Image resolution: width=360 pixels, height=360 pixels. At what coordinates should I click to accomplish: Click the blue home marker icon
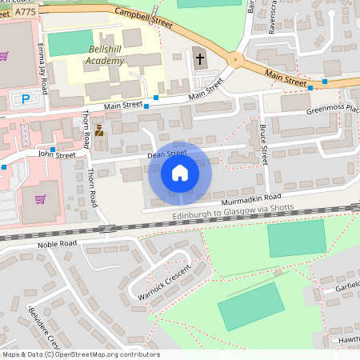pos(180,172)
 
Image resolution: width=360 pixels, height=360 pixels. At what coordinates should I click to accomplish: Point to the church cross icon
pos(199,58)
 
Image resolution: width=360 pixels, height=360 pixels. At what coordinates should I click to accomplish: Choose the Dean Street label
pos(166,152)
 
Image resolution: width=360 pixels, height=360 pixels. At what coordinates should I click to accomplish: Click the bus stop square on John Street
pos(53,150)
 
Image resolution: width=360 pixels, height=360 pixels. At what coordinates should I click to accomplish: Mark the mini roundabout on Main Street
pos(234,58)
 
